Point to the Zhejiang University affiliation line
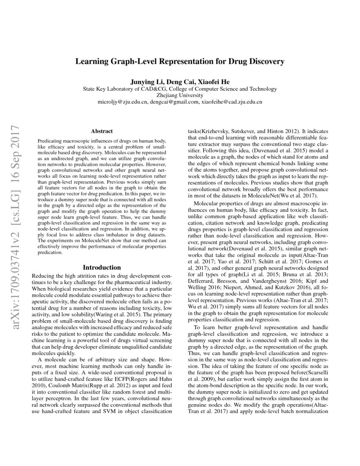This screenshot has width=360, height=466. pos(180,95)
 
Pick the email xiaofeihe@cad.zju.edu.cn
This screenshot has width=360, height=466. pos(232,102)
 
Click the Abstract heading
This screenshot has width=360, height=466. pos(102,132)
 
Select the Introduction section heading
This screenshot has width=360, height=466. pos(102,267)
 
